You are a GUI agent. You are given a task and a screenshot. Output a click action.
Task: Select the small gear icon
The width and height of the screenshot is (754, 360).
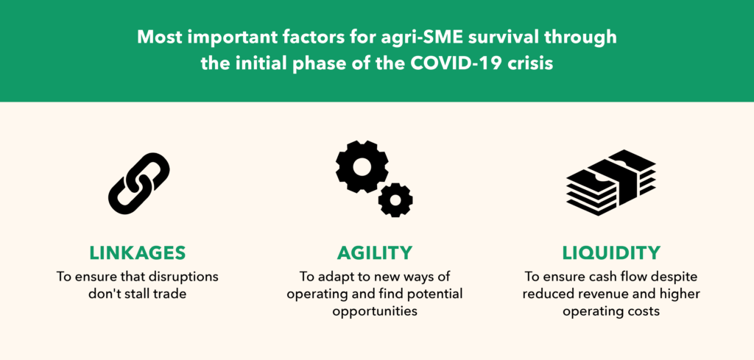pyautogui.click(x=395, y=200)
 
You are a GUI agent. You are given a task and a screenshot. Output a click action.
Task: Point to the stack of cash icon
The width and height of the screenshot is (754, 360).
pyautogui.click(x=610, y=183)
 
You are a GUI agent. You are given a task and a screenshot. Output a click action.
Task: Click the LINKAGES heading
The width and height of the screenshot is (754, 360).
pyautogui.click(x=137, y=253)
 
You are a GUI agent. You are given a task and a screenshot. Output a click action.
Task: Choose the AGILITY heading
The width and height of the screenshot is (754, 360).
pyautogui.click(x=375, y=253)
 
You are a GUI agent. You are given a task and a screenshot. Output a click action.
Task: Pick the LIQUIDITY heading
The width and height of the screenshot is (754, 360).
pyautogui.click(x=611, y=253)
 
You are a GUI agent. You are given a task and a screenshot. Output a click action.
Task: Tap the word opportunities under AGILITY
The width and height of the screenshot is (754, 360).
pyautogui.click(x=375, y=311)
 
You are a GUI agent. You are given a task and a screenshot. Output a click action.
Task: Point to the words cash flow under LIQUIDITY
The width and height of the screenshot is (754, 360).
pyautogui.click(x=613, y=278)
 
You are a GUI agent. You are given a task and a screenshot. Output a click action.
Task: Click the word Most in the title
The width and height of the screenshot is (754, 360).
pyautogui.click(x=158, y=38)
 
